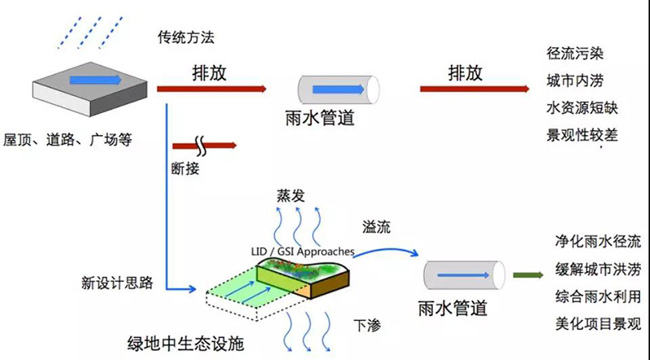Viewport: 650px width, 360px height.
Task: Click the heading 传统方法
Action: tap(186, 37)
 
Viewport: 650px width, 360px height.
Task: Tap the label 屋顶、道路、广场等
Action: tap(67, 140)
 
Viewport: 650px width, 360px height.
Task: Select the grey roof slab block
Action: tap(90, 89)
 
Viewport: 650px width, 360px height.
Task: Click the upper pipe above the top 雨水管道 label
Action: tap(339, 89)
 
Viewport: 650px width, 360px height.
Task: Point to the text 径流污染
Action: tap(575, 54)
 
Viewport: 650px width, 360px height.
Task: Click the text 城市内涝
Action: tap(575, 81)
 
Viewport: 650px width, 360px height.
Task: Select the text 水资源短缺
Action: tap(582, 108)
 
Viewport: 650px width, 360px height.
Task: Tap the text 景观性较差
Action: tap(582, 135)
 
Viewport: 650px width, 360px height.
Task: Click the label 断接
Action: tap(185, 168)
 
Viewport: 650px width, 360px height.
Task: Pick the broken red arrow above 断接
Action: tap(205, 145)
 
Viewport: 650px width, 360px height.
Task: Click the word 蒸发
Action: tap(291, 195)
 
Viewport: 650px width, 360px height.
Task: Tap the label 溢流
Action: tap(376, 227)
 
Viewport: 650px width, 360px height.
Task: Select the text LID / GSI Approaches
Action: tap(302, 252)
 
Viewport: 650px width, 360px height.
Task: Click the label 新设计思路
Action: tap(117, 284)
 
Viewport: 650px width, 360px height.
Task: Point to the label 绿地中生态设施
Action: tap(185, 344)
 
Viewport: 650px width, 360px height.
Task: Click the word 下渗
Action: tap(367, 326)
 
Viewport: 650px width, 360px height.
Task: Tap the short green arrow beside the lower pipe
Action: tap(528, 275)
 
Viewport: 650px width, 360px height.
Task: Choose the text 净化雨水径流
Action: tap(598, 241)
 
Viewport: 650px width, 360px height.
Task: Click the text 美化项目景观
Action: tap(598, 324)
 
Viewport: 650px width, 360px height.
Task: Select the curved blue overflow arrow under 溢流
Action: tap(385, 249)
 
